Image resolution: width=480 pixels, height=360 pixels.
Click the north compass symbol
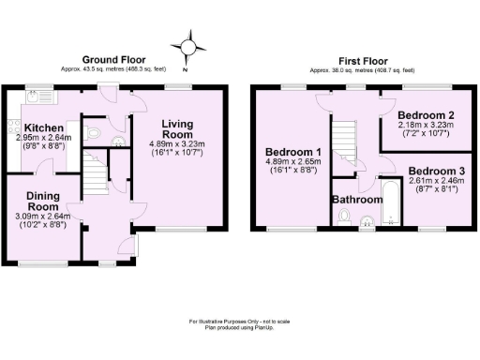coord(188,46)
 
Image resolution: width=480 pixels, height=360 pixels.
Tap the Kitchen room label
coord(43,127)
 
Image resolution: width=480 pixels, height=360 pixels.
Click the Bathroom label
coord(357,200)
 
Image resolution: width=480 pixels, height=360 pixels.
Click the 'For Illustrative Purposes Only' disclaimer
coord(240,322)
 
